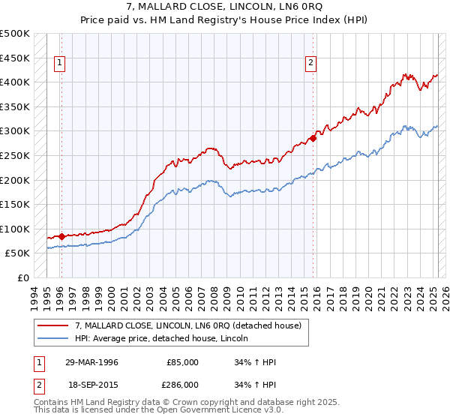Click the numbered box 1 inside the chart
click(60, 64)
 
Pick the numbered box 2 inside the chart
click(310, 64)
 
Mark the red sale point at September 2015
click(313, 138)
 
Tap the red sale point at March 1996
click(61, 236)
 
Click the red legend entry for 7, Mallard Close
click(187, 325)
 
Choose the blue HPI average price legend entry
click(166, 338)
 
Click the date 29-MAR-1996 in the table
click(91, 362)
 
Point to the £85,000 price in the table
click(183, 362)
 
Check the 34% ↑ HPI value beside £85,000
click(256, 362)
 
